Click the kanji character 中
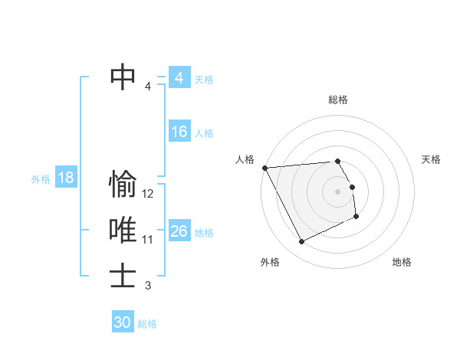coord(123,77)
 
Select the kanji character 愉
coord(123,185)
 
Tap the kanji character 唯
coord(123,231)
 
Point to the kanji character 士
coord(123,275)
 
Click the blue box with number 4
coord(179,78)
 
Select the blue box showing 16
coord(179,132)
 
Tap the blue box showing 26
coord(179,231)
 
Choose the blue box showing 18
coord(66,178)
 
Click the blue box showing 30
coord(123,322)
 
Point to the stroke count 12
coord(148,195)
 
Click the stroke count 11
coord(148,240)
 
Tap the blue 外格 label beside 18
coord(41,179)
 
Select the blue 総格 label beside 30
coord(147,324)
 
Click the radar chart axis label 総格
coord(338,100)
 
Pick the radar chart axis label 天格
coord(431,159)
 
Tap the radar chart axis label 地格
coord(402,262)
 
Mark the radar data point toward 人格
coord(264,167)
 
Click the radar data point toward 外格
coord(301,242)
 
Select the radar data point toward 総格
coord(338,161)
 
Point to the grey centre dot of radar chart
coord(338,191)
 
